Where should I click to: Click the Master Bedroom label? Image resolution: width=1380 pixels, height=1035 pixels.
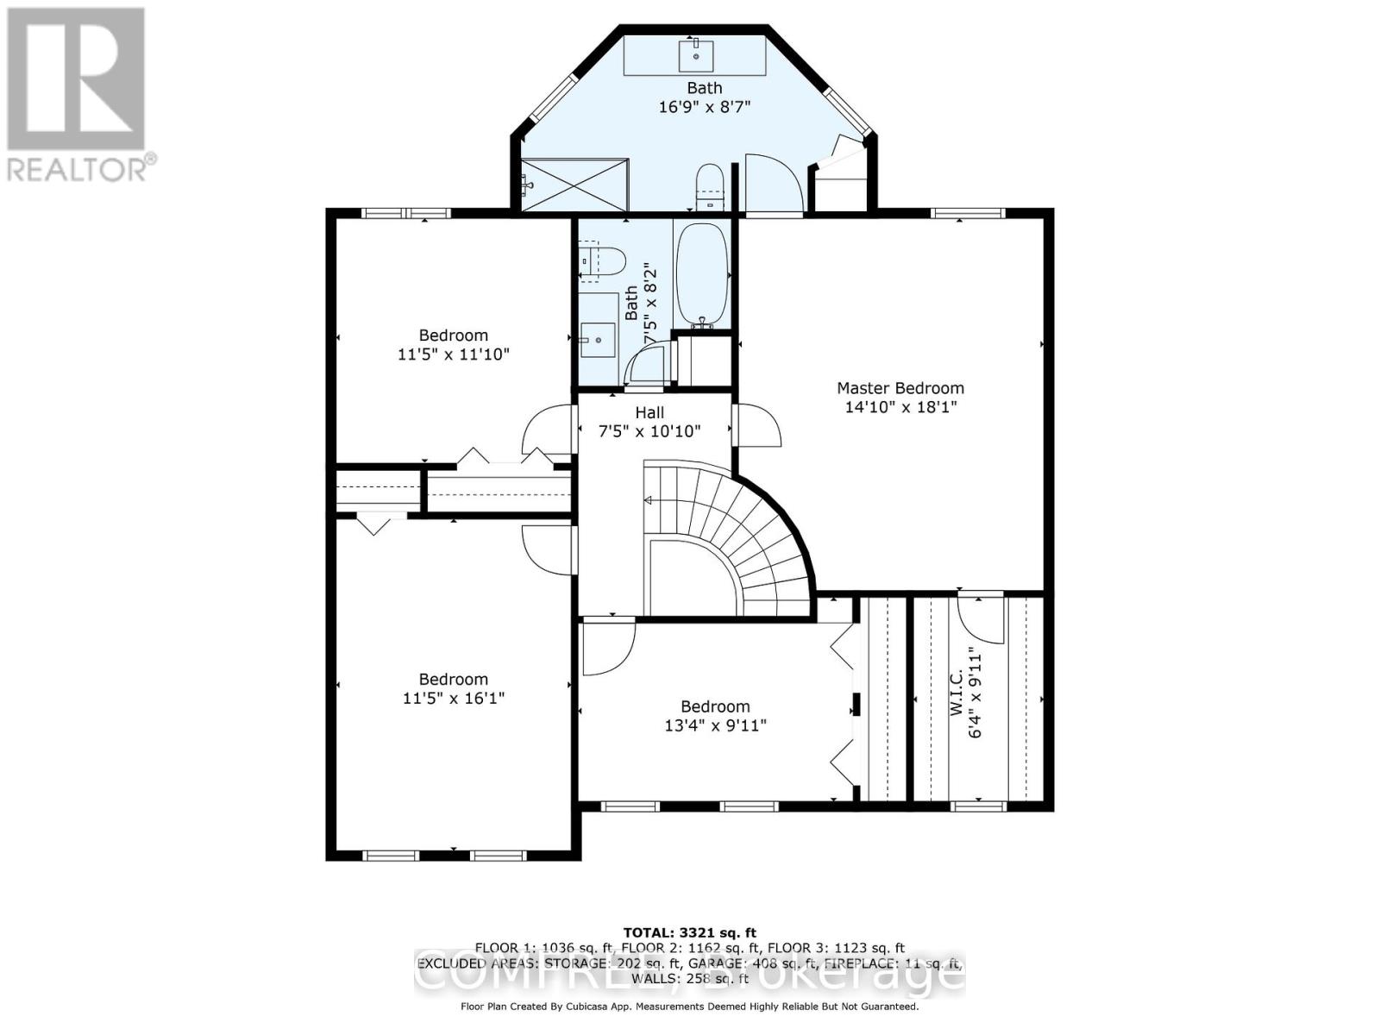900,388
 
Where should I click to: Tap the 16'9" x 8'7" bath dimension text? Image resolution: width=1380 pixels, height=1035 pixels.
704,107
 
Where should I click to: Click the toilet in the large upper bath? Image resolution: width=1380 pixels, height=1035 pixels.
709,185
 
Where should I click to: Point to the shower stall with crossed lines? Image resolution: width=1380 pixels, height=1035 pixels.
575,184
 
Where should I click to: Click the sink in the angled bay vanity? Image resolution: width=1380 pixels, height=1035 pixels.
695,55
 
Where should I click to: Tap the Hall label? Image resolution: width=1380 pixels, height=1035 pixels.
649,413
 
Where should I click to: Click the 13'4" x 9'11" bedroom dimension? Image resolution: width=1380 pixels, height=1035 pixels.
715,725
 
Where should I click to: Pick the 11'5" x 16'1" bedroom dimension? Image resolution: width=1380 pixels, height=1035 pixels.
454,698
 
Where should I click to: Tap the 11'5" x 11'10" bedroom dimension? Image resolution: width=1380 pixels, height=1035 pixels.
454,354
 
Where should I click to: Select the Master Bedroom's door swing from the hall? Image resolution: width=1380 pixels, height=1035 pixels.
757,425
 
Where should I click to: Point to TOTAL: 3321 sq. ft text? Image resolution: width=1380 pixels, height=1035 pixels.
689,932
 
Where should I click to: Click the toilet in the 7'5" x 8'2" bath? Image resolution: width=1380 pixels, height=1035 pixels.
600,260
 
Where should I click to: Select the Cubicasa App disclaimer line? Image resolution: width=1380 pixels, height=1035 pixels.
689,1007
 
